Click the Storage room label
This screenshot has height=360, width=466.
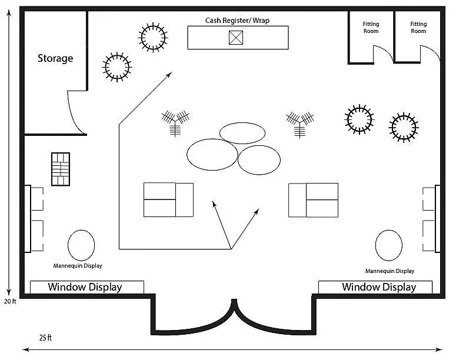[55, 58]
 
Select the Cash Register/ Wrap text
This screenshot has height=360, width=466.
[238, 21]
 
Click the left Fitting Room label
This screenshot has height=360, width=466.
[371, 27]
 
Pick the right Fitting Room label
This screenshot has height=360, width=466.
[418, 27]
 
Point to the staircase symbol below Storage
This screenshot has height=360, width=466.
[61, 169]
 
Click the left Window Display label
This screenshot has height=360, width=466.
[85, 287]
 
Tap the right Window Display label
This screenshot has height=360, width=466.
[379, 287]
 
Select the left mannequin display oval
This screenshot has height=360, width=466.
[81, 244]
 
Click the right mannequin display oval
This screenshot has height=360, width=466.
[389, 245]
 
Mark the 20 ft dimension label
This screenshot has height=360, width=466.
[10, 301]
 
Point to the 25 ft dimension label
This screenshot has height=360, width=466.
[45, 338]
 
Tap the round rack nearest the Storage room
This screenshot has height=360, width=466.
[116, 66]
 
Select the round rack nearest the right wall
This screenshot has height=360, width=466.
[404, 127]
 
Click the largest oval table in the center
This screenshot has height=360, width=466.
[212, 154]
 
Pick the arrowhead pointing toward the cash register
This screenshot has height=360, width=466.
[170, 74]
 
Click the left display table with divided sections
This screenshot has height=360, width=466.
[168, 199]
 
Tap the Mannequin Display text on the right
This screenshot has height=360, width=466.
[390, 271]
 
